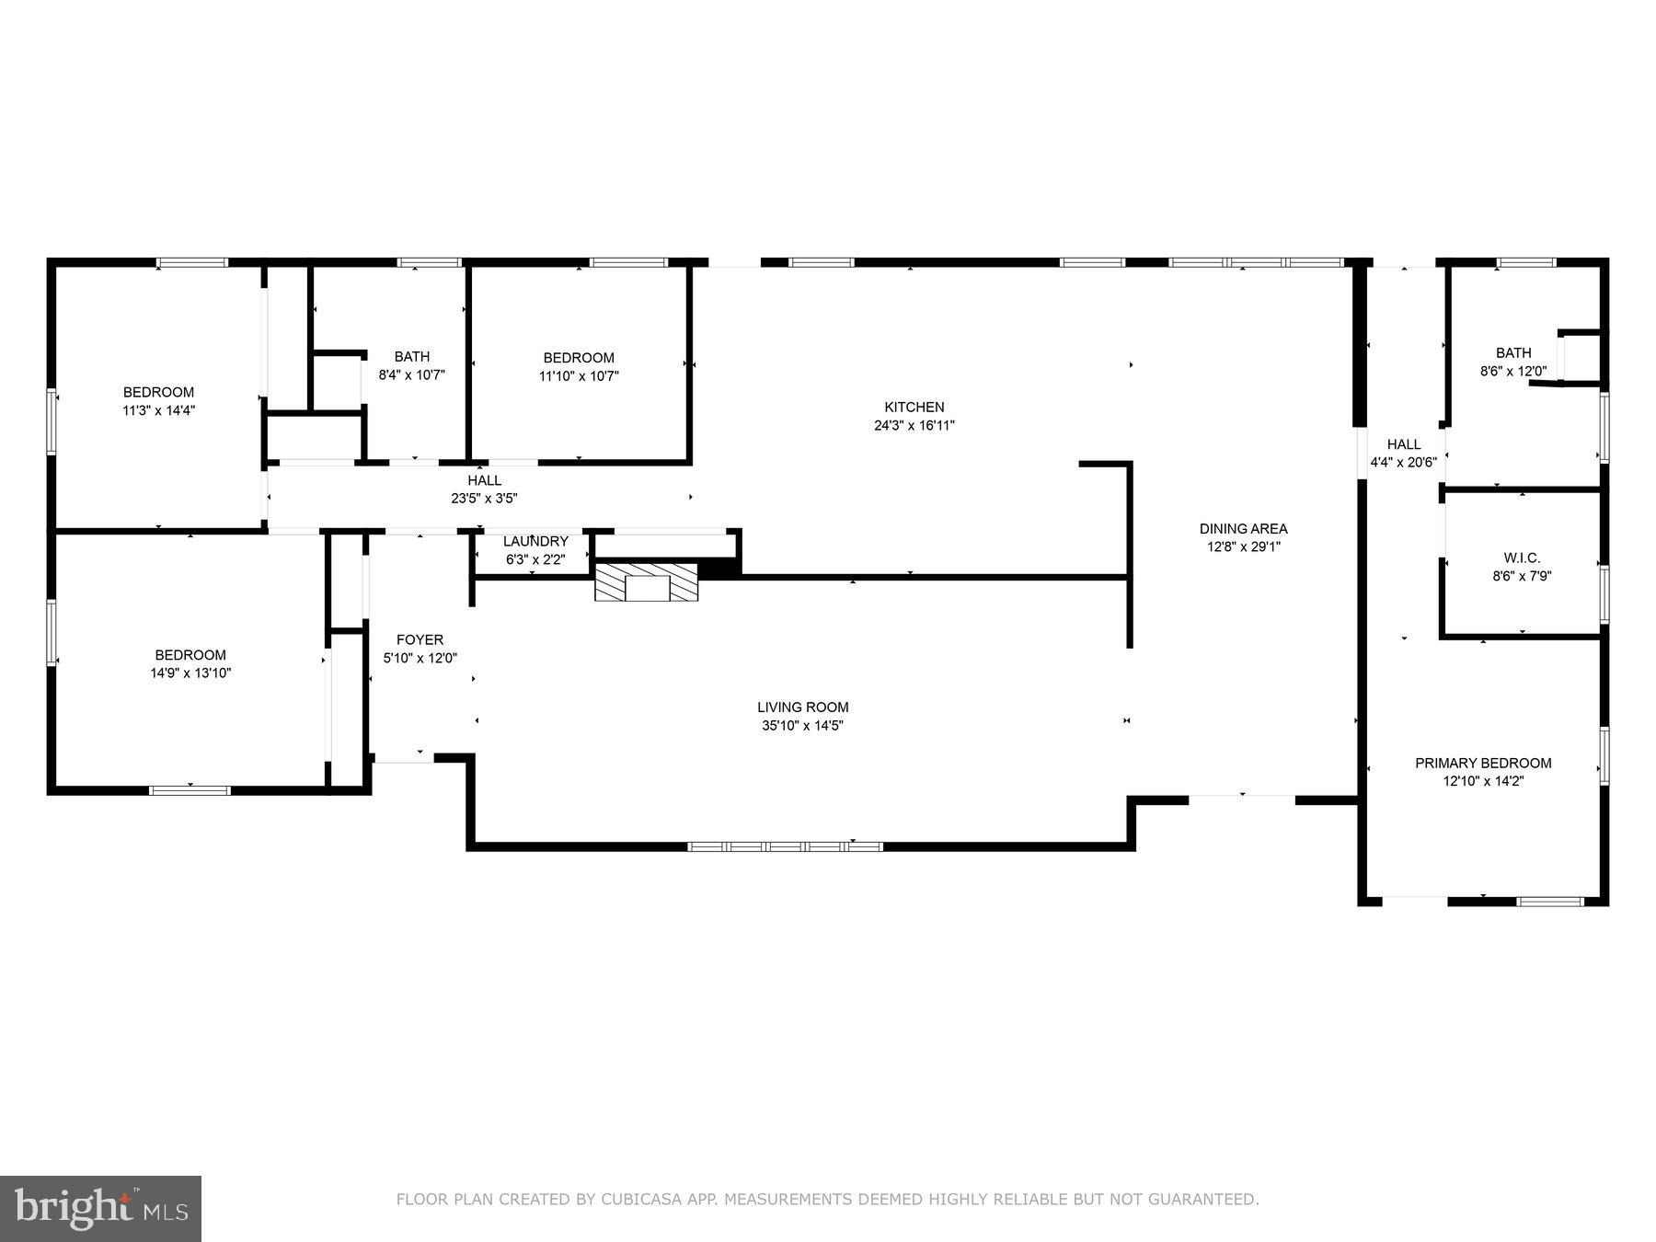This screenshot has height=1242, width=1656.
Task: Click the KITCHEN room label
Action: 914,407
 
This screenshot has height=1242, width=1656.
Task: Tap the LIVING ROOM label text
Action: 802,707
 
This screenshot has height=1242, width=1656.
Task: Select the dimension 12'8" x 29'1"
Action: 1244,546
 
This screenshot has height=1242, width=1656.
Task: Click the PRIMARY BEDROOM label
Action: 1482,763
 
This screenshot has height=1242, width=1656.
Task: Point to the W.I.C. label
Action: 1522,558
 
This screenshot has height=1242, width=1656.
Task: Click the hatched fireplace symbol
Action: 646,583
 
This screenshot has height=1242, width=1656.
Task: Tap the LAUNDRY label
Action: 535,542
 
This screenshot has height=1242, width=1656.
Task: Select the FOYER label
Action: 420,639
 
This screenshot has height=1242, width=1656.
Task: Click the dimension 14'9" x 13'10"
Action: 190,673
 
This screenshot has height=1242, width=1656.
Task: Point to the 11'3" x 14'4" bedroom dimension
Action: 158,410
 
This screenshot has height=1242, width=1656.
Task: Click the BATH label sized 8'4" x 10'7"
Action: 411,357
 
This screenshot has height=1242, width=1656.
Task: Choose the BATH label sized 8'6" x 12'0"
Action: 1512,353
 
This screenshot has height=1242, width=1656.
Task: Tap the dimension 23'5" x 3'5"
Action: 484,499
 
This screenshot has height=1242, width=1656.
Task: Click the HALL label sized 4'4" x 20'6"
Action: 1403,444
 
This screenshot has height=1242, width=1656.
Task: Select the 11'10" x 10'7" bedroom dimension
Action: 579,376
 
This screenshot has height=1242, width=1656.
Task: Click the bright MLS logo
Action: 100,1208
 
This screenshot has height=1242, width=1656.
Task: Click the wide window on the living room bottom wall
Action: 785,845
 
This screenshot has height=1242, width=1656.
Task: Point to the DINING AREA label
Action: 1243,529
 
